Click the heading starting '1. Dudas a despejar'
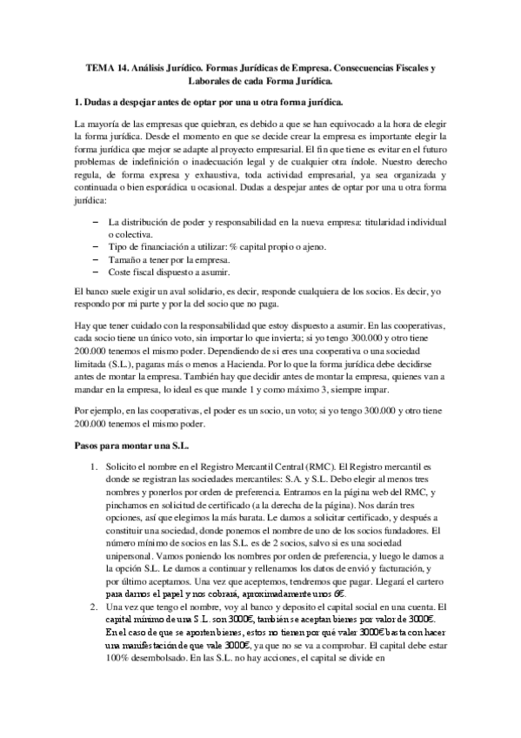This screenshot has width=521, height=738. coord(209,102)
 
